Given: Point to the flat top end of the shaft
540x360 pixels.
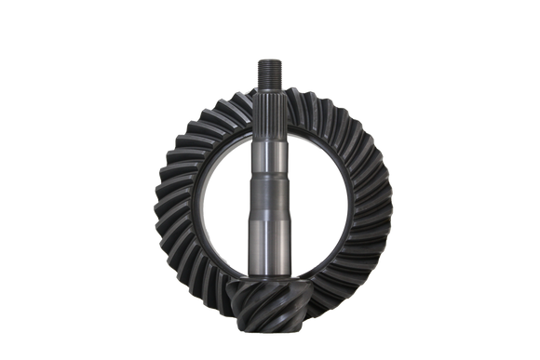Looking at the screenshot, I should (x=268, y=60).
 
